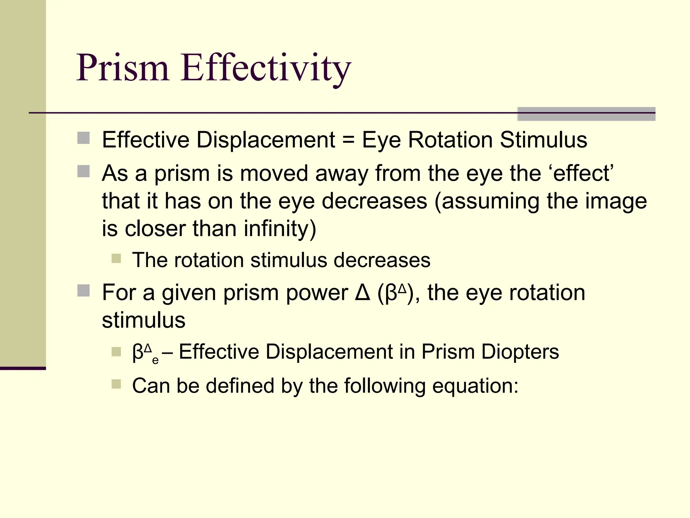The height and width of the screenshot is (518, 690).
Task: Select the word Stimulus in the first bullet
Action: tap(543, 140)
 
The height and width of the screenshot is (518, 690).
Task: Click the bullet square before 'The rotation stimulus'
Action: tap(116, 259)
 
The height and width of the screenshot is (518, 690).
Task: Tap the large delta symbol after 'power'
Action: tap(363, 293)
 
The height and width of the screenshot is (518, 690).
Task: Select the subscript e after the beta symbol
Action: tap(155, 361)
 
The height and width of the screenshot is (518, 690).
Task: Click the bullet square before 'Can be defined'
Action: tap(116, 384)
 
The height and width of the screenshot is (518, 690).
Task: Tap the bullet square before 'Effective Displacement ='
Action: tap(84, 138)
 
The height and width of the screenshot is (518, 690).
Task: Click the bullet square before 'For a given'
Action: tap(84, 290)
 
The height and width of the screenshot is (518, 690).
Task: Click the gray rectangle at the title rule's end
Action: tap(586, 114)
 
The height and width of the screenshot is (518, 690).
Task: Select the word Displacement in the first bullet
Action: tap(266, 140)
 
